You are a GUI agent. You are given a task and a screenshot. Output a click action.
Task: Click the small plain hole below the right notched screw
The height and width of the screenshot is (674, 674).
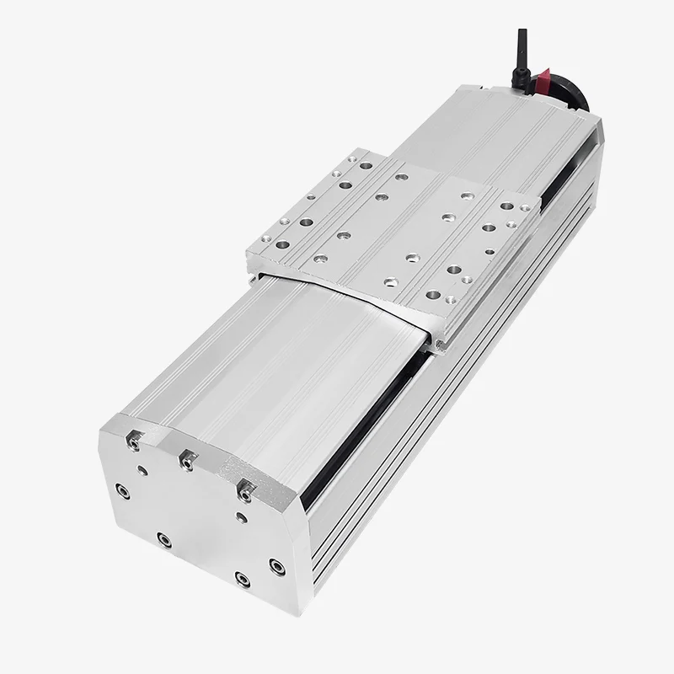coord(242,516)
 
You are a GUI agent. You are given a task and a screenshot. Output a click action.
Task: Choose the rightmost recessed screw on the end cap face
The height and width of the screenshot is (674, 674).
coord(274,563)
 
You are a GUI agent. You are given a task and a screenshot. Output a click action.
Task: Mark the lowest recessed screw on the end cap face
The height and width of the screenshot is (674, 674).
coord(243,579)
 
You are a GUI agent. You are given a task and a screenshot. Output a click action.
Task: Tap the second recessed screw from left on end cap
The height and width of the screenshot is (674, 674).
coord(163,537)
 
